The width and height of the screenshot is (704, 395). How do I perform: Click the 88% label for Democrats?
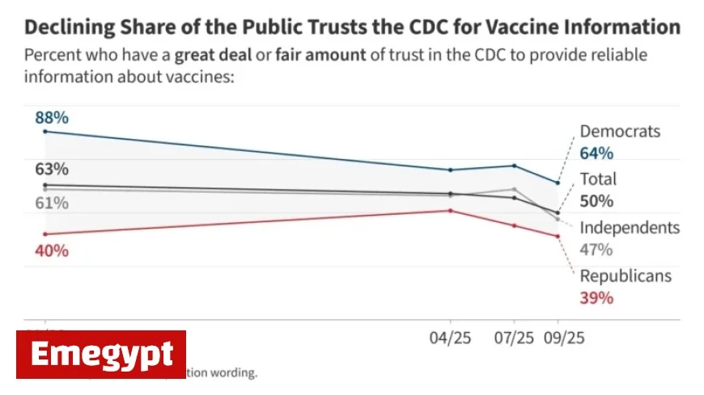[x=52, y=118]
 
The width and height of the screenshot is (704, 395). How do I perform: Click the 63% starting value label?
[x=51, y=170]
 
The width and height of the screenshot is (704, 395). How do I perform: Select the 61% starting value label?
[x=51, y=203]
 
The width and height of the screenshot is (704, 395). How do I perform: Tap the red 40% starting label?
[x=51, y=250]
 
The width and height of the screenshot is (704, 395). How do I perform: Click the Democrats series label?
[x=620, y=132]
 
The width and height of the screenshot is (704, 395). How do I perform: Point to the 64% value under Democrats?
[x=596, y=153]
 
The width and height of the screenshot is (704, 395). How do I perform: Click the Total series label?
[x=598, y=179]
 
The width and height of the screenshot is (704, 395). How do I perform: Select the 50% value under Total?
[x=596, y=201]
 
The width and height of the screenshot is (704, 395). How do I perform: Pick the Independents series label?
[x=630, y=228]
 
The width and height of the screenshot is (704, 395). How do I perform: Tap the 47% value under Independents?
[x=596, y=250]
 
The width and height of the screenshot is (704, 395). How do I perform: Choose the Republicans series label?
[x=626, y=276]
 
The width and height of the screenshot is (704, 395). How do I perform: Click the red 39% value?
[x=596, y=298]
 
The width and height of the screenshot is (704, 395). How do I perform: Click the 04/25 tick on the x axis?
[x=450, y=338]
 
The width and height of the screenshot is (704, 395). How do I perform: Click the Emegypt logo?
[x=101, y=354]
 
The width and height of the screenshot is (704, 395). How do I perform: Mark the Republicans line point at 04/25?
[x=451, y=210]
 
